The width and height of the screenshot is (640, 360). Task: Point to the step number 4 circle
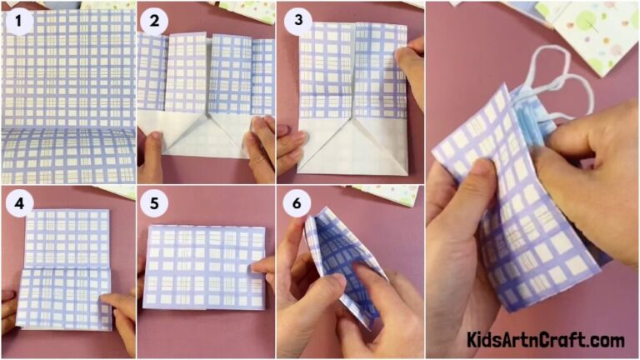click(x=16, y=202)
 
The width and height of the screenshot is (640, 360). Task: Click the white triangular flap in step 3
click(x=350, y=146)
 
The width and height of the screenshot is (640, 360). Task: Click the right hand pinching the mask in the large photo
click(x=583, y=167)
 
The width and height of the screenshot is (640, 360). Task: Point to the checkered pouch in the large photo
click(x=508, y=225)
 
